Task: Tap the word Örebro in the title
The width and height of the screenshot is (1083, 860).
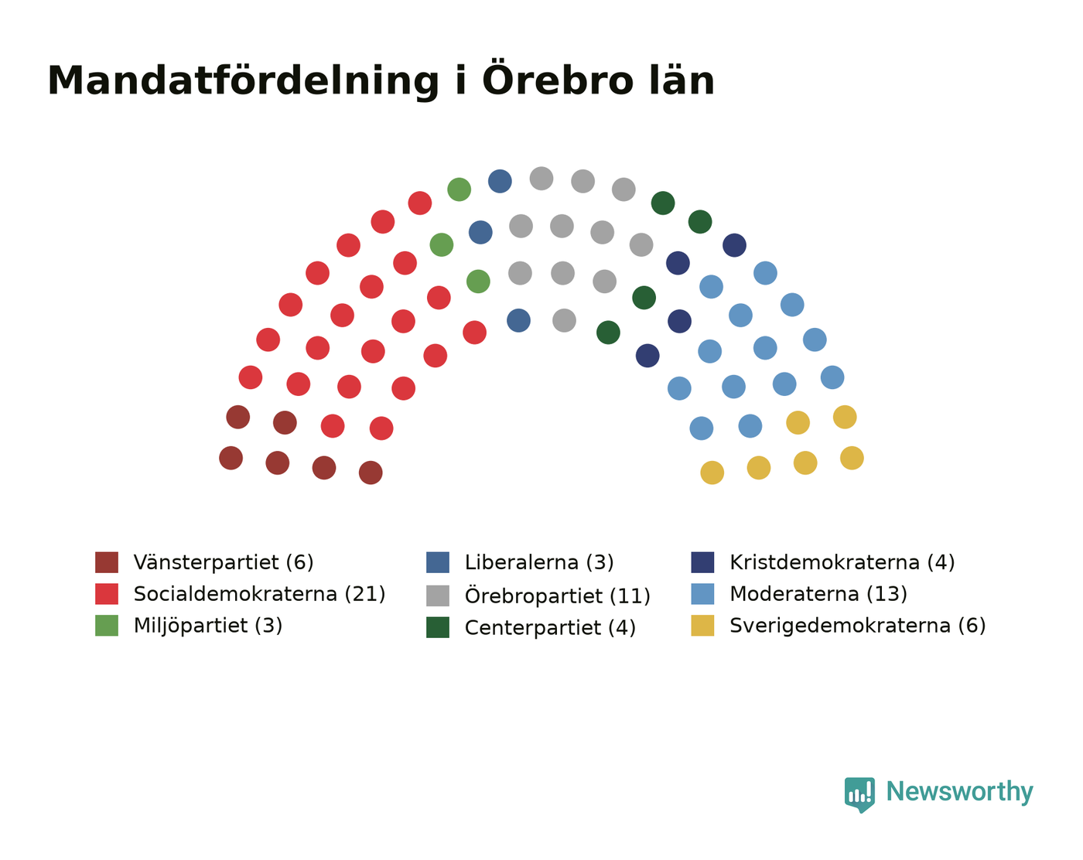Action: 558,78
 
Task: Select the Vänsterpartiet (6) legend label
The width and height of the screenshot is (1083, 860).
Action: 224,562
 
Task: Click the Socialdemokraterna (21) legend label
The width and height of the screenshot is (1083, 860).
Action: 259,594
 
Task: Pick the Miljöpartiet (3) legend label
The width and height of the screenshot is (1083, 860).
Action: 208,626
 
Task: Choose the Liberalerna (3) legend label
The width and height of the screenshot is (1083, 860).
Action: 539,562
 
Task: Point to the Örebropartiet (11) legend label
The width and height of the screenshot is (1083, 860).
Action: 558,596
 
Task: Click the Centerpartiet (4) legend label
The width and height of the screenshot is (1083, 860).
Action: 550,627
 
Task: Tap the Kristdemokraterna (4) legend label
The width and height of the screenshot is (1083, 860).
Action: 842,562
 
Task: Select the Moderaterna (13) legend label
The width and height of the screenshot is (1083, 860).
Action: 818,594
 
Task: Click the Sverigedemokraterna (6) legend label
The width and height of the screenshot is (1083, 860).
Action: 858,626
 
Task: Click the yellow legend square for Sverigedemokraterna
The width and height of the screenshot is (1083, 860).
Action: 702,626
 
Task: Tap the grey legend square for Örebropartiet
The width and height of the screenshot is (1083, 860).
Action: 438,596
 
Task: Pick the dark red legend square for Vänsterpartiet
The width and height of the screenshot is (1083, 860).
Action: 107,562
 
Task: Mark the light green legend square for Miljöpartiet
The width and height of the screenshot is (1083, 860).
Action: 107,626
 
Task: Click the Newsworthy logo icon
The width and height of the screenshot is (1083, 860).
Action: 859,794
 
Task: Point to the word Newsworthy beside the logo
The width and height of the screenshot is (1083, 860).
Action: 959,793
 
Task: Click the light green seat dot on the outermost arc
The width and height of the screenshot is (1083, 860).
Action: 459,189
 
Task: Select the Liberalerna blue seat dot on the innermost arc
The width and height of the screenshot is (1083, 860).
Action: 518,320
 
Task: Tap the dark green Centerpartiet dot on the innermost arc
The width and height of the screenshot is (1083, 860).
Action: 608,333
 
